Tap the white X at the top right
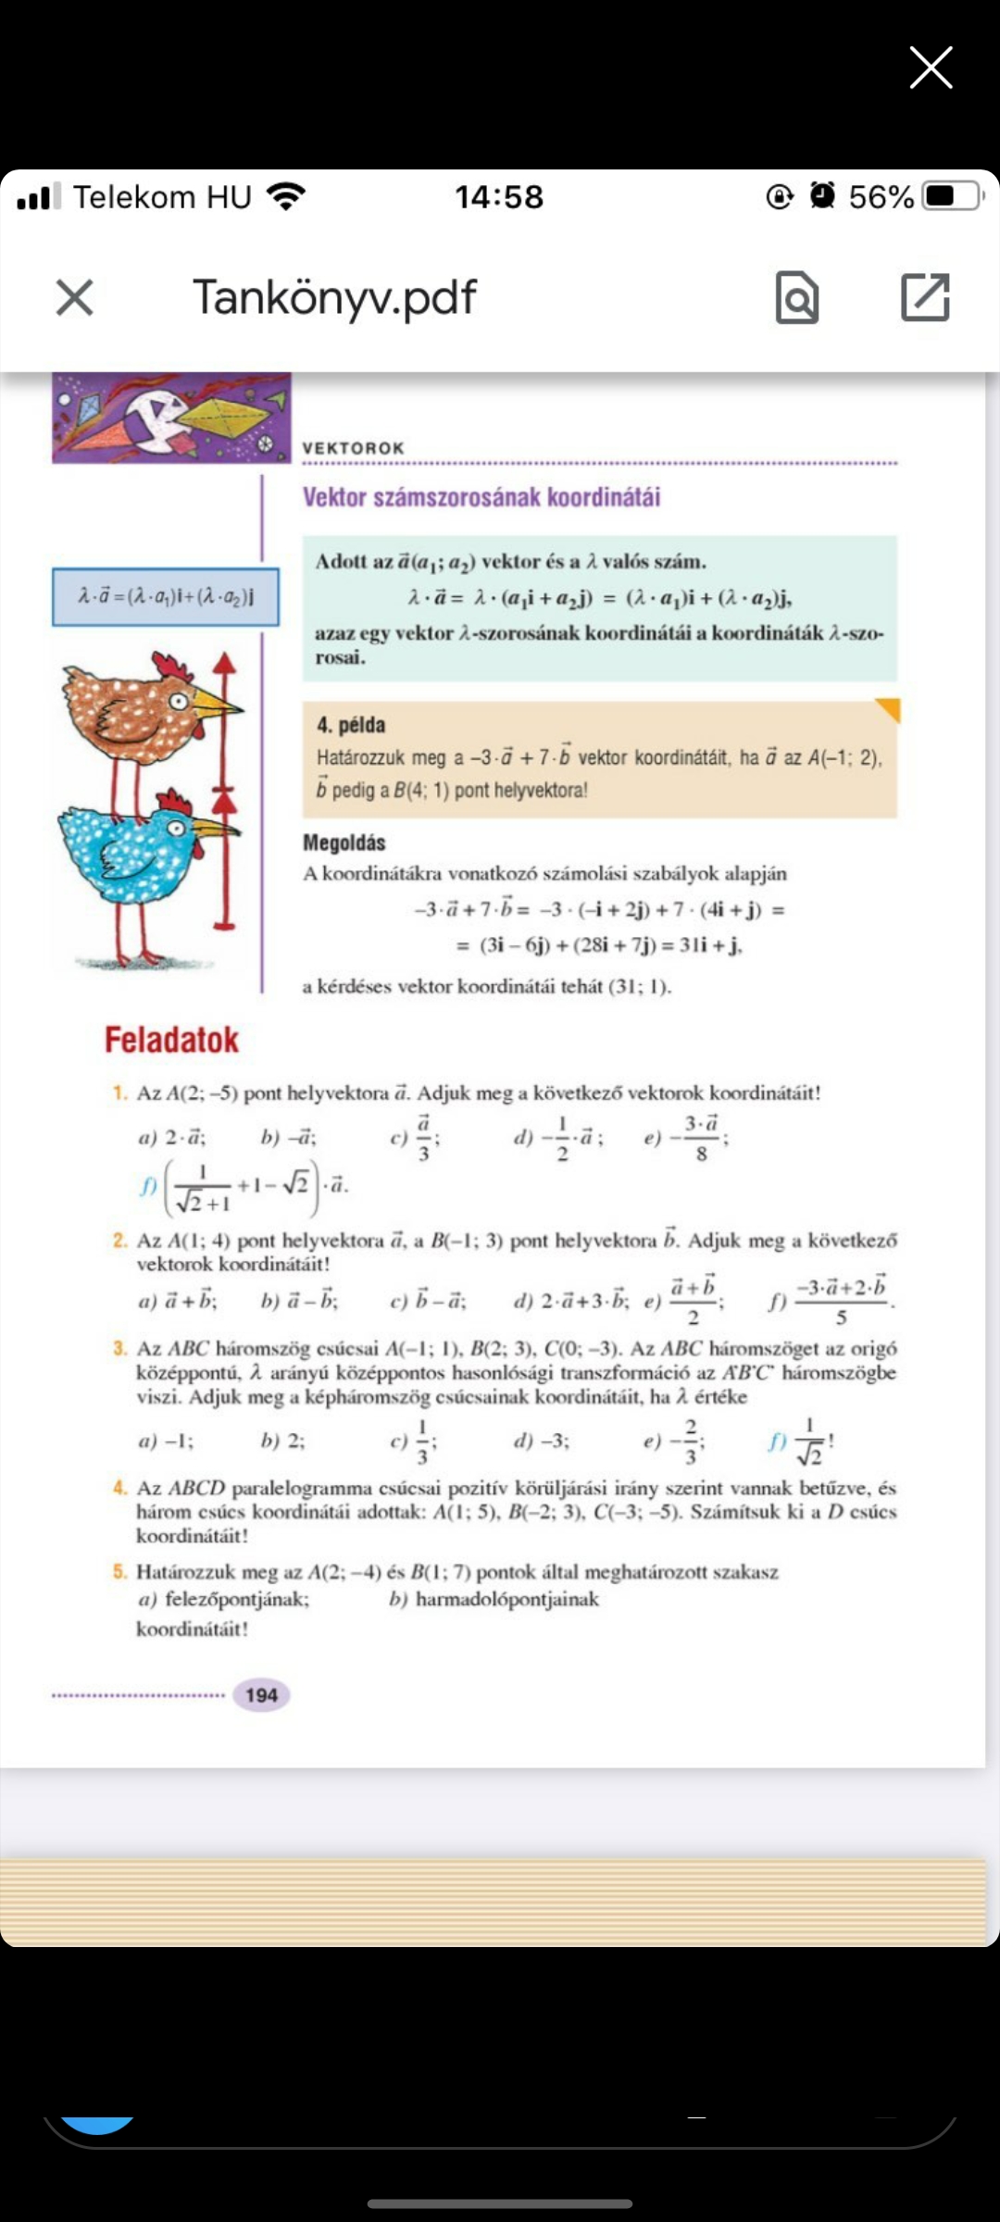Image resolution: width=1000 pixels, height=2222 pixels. [931, 68]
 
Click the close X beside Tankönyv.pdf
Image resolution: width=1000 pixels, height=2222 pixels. [75, 298]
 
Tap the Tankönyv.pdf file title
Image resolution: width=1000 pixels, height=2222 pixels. [334, 297]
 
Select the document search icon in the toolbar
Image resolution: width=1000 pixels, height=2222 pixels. [797, 298]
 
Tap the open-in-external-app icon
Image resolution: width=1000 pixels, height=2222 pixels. [925, 297]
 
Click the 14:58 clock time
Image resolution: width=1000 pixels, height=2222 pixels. [499, 196]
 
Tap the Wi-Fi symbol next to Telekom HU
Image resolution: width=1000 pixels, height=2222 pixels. [285, 196]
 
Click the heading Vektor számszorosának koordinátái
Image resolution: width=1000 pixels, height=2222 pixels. [481, 497]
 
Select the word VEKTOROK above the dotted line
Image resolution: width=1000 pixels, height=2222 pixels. [354, 448]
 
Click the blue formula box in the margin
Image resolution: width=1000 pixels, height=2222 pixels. [166, 596]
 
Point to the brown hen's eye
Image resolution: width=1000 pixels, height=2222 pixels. [179, 700]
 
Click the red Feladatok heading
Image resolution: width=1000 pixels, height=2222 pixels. [171, 1040]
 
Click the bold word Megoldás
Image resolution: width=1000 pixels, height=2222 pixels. [344, 843]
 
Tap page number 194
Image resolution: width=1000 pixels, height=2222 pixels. [261, 1694]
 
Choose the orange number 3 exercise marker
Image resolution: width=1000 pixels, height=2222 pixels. [120, 1348]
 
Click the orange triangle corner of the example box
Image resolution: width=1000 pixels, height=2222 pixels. [889, 709]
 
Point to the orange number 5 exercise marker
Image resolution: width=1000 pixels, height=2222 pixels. [120, 1571]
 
